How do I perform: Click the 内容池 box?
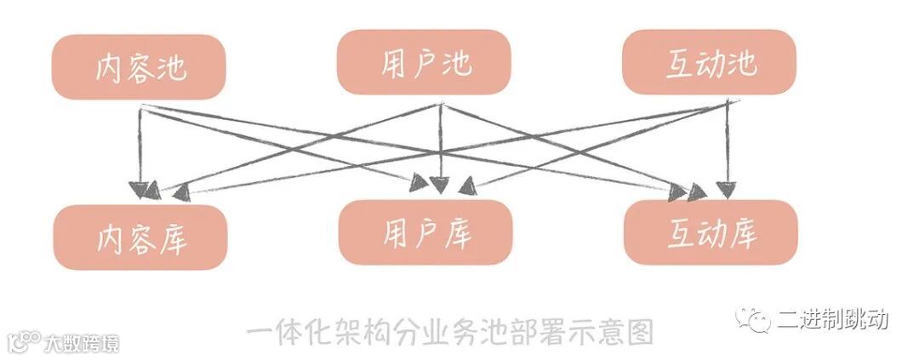pyautogui.click(x=140, y=66)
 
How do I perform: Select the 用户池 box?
pyautogui.click(x=424, y=61)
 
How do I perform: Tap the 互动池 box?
pyautogui.click(x=710, y=63)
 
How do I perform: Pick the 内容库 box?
pyautogui.click(x=140, y=237)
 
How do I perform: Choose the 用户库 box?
pyautogui.click(x=425, y=232)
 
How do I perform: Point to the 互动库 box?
pyautogui.click(x=711, y=232)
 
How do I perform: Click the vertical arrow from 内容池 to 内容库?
pyautogui.click(x=140, y=145)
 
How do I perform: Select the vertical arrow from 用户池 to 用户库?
pyautogui.click(x=439, y=145)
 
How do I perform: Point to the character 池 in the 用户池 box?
pyautogui.click(x=456, y=62)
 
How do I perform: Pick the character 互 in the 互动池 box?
pyautogui.click(x=680, y=64)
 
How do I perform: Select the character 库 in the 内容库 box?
pyautogui.click(x=173, y=238)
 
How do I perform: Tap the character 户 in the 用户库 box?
pyautogui.click(x=425, y=232)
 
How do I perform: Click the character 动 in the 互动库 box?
pyautogui.click(x=711, y=233)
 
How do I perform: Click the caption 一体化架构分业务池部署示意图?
pyautogui.click(x=450, y=329)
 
